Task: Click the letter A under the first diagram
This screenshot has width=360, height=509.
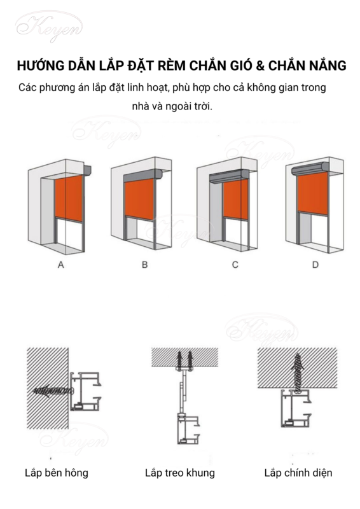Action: pos(60,265)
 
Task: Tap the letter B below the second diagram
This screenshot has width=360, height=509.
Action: pos(145,265)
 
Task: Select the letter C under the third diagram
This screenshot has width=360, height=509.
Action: pos(235,265)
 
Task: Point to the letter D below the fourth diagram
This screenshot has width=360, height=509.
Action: pos(315,265)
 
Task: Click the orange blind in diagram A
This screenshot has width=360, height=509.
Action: pos(69,197)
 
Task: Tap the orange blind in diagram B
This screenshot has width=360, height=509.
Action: pos(139,200)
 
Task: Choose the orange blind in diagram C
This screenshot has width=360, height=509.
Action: pos(236,200)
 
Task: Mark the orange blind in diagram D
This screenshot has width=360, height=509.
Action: pos(312,193)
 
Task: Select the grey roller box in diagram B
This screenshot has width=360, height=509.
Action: pos(143,176)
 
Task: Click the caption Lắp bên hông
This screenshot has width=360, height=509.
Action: pos(57,473)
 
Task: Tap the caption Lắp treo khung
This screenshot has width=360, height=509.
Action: pos(180,473)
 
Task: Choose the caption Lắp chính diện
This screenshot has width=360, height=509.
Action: pos(298,473)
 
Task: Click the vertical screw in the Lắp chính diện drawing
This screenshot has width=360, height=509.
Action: pos(297,374)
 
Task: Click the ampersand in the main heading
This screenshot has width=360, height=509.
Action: pos(260,66)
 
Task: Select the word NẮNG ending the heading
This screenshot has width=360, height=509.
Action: pos(327,65)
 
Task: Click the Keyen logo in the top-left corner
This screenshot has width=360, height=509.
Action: pos(49,27)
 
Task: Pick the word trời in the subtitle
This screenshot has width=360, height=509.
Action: pos(202,106)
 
